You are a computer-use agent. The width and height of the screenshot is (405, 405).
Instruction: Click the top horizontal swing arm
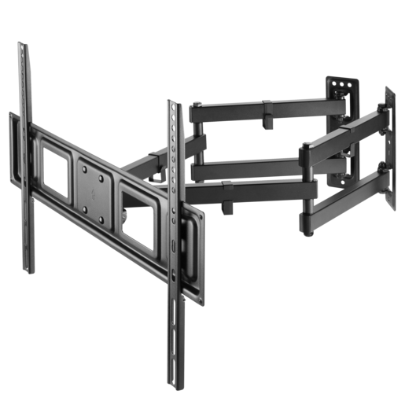click(260, 105)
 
